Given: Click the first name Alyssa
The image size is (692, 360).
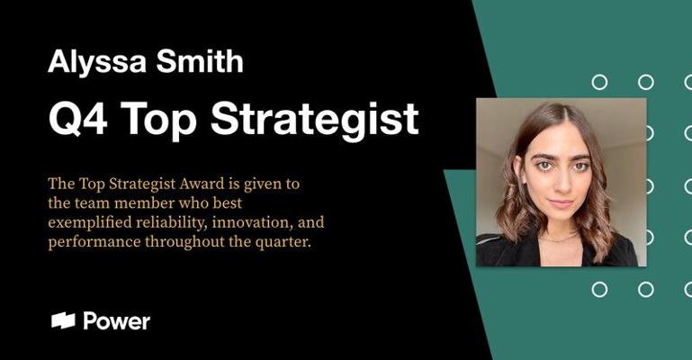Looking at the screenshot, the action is pyautogui.click(x=96, y=62).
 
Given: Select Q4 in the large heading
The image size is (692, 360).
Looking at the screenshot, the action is pyautogui.click(x=78, y=118).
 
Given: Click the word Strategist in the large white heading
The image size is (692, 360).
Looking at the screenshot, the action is pyautogui.click(x=315, y=118).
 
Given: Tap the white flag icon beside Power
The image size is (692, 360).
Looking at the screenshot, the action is pyautogui.click(x=63, y=320).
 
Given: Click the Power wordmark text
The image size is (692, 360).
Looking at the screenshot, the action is pyautogui.click(x=117, y=320).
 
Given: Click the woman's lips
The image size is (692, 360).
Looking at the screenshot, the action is pyautogui.click(x=562, y=203).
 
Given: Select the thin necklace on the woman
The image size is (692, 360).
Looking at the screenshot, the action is pyautogui.click(x=560, y=238).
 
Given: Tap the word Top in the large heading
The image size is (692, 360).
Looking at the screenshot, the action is pyautogui.click(x=159, y=121).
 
